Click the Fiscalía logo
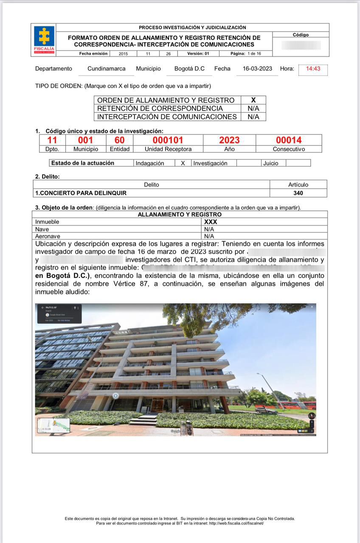click(44, 39)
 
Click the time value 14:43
click(313, 69)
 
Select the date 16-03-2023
click(257, 69)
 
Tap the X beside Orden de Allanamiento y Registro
click(253, 100)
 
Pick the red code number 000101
click(168, 140)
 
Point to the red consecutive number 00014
click(289, 140)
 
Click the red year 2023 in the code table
click(229, 140)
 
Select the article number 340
click(298, 193)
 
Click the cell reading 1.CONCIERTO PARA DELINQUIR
click(81, 193)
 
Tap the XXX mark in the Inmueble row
click(211, 222)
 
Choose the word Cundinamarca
click(107, 69)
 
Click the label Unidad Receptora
click(168, 149)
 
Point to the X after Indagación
click(183, 163)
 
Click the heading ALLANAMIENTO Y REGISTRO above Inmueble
click(180, 215)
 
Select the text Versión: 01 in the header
click(198, 54)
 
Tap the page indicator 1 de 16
click(254, 54)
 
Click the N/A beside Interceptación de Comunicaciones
click(253, 117)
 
